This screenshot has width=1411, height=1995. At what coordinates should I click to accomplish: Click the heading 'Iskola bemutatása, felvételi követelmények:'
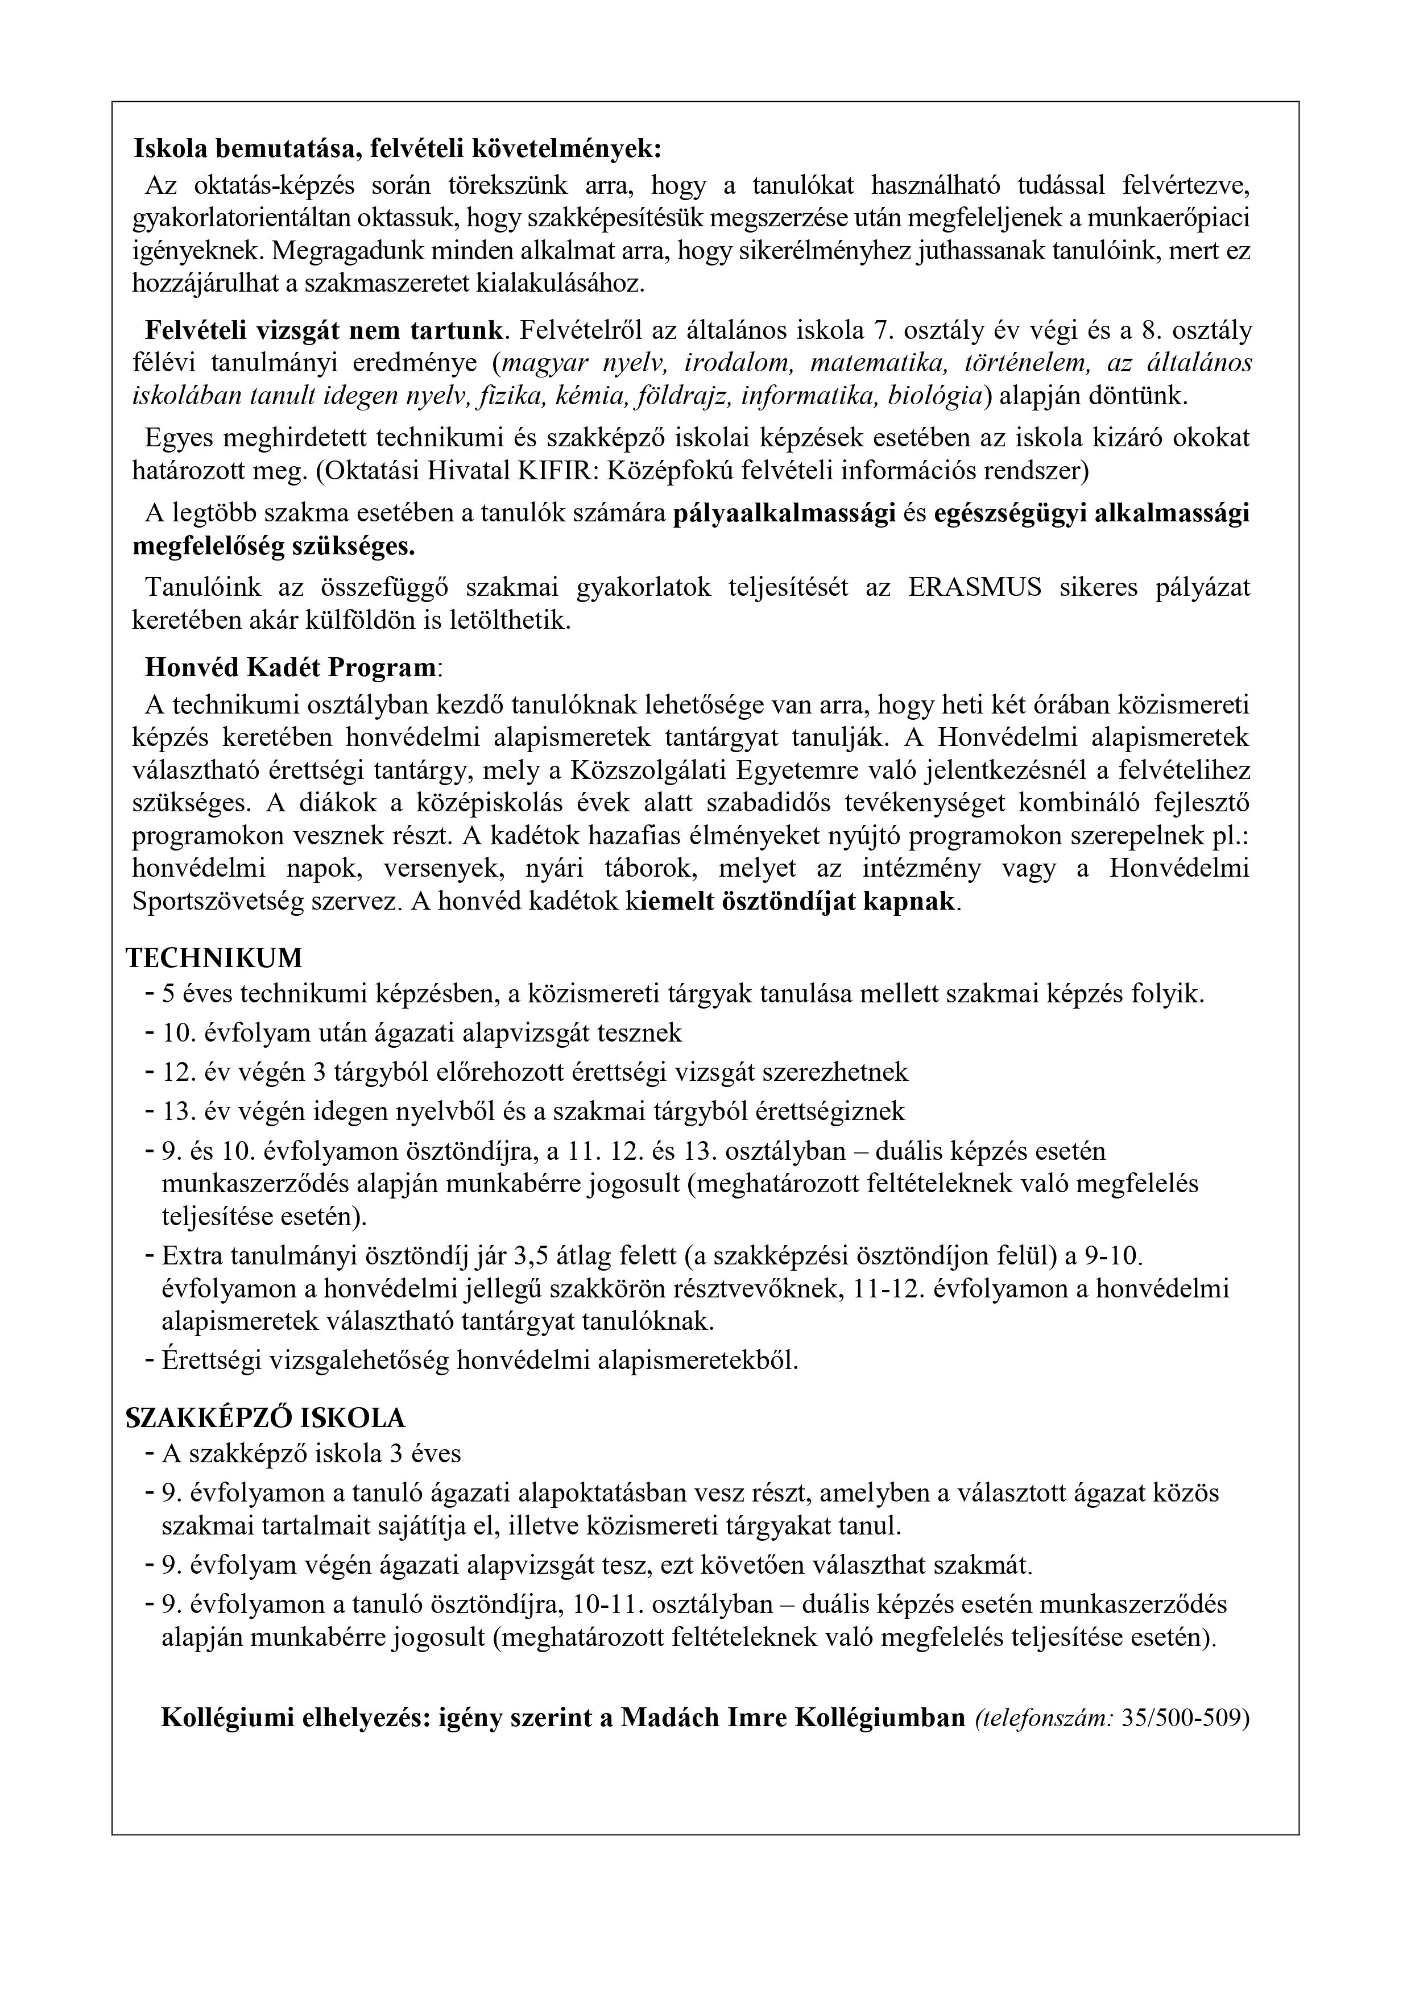[x=398, y=148]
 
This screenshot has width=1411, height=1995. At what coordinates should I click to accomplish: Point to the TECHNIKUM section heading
[x=215, y=957]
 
